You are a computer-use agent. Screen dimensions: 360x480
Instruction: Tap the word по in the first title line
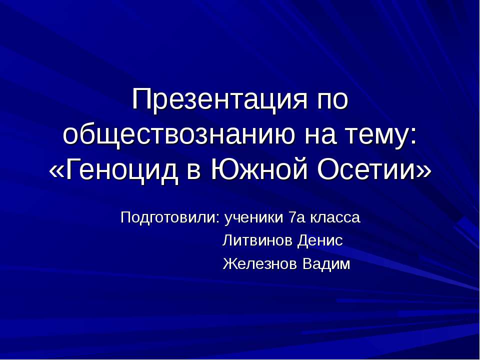pyautogui.click(x=329, y=99)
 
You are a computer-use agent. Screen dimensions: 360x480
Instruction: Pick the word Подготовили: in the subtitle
pyautogui.click(x=170, y=218)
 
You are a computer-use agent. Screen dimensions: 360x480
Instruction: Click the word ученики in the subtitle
pyautogui.click(x=252, y=218)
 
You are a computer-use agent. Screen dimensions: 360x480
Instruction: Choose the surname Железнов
pyautogui.click(x=259, y=263)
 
